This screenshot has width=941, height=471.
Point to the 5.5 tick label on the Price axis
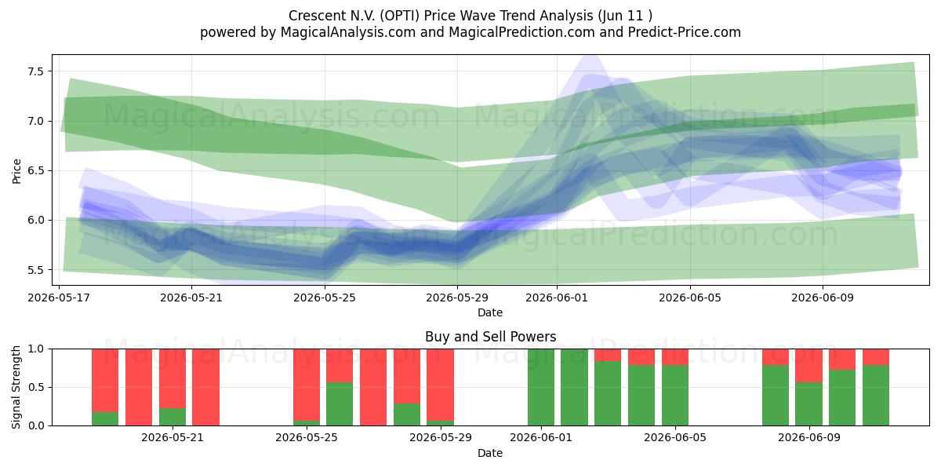pyautogui.click(x=35, y=270)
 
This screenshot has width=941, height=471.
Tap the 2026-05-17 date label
pyautogui.click(x=59, y=298)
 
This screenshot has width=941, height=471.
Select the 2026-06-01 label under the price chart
pyautogui.click(x=557, y=298)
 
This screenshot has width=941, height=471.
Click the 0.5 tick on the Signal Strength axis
pyautogui.click(x=35, y=387)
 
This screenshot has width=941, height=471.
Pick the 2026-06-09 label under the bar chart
pyautogui.click(x=809, y=438)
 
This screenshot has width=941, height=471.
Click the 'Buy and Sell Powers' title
pyautogui.click(x=490, y=337)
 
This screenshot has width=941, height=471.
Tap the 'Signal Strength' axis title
pyautogui.click(x=16, y=387)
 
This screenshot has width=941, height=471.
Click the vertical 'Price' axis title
pyautogui.click(x=16, y=171)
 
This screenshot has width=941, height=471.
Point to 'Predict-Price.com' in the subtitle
pyautogui.click(x=685, y=32)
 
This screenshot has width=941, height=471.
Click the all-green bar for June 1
pyautogui.click(x=541, y=387)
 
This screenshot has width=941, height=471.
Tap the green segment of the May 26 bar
pyautogui.click(x=340, y=404)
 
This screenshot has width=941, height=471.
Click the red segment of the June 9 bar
pyautogui.click(x=808, y=366)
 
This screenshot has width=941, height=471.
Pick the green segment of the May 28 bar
pyautogui.click(x=407, y=414)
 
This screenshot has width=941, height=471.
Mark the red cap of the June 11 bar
pyautogui.click(x=876, y=357)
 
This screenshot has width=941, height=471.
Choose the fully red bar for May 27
pyautogui.click(x=373, y=387)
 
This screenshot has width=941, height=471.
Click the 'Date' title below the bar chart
pyautogui.click(x=490, y=453)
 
